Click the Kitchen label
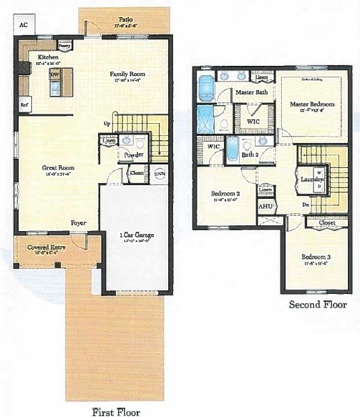pos(50,56)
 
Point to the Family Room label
pos(127,74)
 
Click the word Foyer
pos(78,223)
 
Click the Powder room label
pos(134,155)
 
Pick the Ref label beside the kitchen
pos(24,105)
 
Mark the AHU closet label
pos(265,205)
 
